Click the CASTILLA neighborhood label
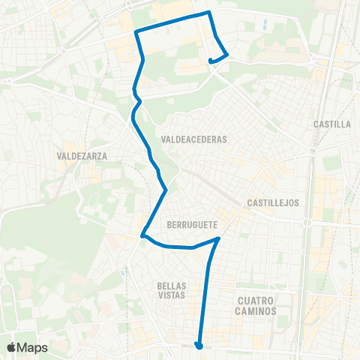pos(334,124)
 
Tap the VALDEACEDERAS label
pos(193,139)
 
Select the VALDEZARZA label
pos(82,156)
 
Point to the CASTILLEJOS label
pos(273,202)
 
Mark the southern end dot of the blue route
pos(199,346)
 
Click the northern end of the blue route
pos(211,61)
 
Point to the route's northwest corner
pos(136,31)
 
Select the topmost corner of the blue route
pos(208,12)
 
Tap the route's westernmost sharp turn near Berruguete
pos(142,238)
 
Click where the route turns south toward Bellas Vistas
pos(218,238)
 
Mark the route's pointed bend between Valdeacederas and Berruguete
pos(165,190)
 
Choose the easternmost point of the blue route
pos(227,55)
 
